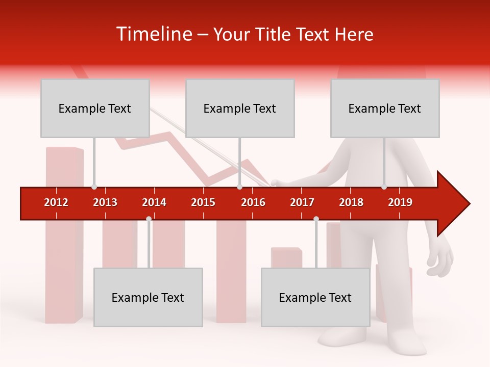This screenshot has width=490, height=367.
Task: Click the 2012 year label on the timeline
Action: click(56, 202)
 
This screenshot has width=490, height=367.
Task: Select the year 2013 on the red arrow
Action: click(105, 202)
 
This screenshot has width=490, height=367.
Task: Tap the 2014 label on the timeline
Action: click(154, 202)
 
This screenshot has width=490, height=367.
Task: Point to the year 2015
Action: click(203, 202)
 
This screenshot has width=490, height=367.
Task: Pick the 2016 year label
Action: click(253, 202)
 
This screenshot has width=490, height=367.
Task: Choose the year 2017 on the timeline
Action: click(302, 202)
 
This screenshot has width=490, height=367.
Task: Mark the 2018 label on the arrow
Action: click(351, 202)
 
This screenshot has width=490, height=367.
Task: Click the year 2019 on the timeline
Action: click(400, 202)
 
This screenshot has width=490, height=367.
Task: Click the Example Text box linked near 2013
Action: click(95, 108)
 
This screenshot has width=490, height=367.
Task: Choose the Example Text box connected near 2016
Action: click(240, 108)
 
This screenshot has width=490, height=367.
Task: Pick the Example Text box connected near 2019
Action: click(385, 108)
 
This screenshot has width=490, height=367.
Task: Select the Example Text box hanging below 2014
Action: click(148, 297)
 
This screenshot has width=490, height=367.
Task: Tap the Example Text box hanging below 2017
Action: click(315, 297)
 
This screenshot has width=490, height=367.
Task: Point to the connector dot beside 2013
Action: click(94, 187)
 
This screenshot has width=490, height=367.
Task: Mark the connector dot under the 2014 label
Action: click(149, 219)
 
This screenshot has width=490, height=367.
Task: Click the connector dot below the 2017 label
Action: click(316, 219)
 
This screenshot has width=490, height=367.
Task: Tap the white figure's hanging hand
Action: click(440, 260)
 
